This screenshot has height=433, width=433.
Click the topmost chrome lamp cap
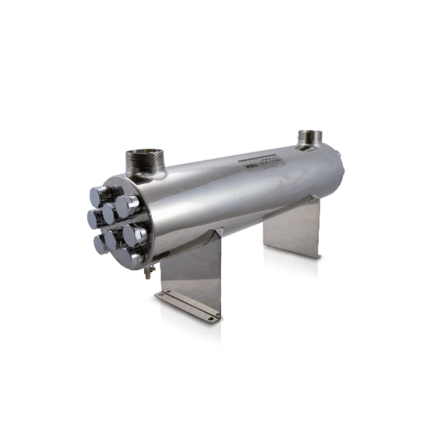(x=100, y=193)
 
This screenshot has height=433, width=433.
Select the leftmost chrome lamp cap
(x=95, y=217)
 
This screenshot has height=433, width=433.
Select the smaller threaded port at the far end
(x=310, y=138)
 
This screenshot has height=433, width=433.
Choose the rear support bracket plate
(x=292, y=227)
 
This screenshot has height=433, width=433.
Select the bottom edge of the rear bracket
(x=292, y=247)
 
